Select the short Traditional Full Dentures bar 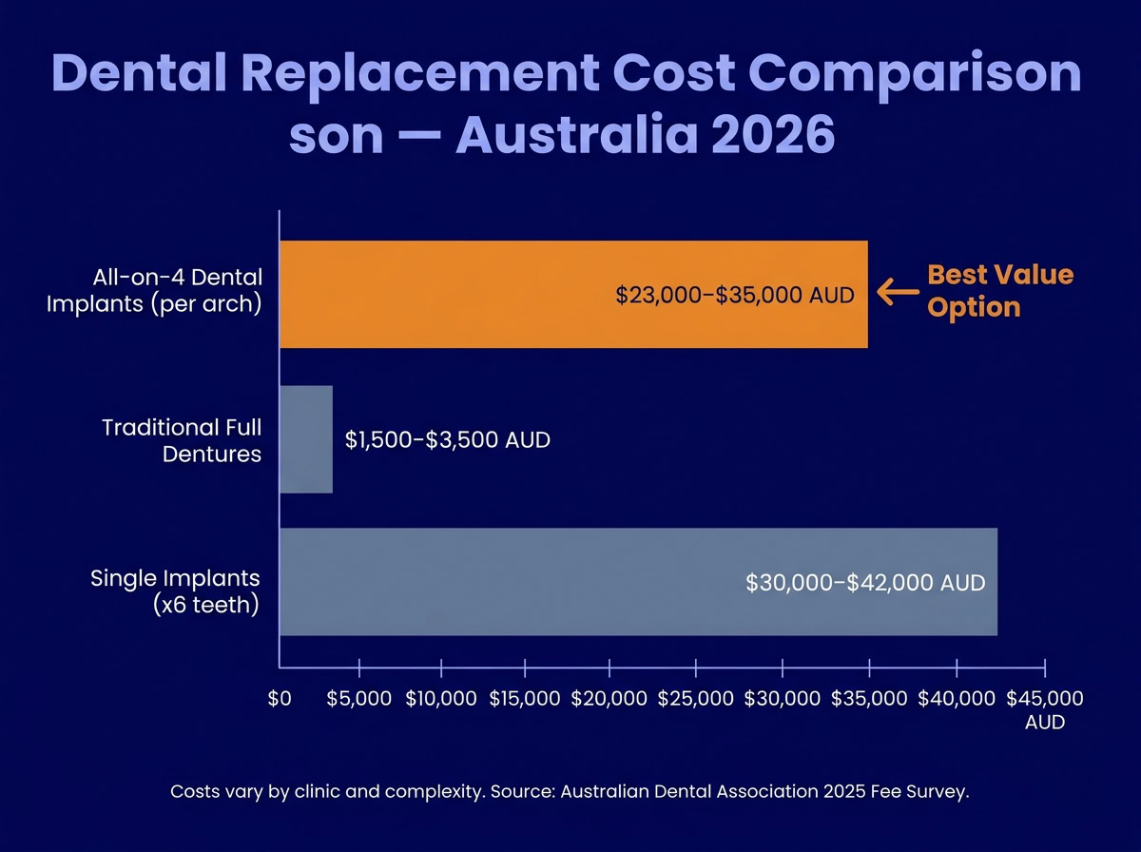305,439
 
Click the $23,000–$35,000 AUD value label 735,295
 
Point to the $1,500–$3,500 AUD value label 448,441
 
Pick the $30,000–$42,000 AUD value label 865,583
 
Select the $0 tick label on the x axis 280,699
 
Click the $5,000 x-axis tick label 358,699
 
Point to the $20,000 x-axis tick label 609,699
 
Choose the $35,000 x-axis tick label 869,699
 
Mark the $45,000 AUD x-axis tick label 1044,709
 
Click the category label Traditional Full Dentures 182,440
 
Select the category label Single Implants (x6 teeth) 175,591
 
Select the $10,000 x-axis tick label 441,699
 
